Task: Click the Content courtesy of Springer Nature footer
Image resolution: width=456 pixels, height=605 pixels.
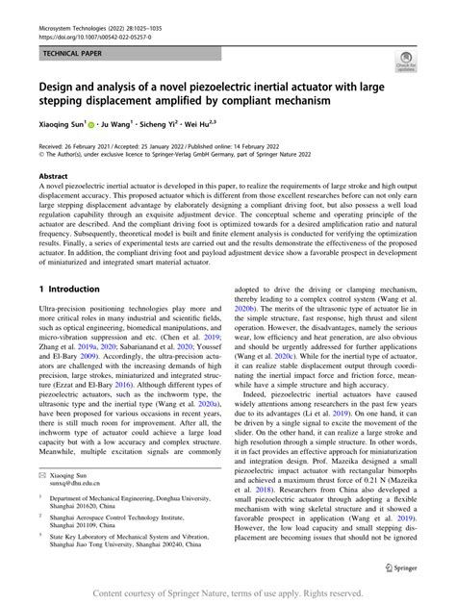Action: [228, 593]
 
